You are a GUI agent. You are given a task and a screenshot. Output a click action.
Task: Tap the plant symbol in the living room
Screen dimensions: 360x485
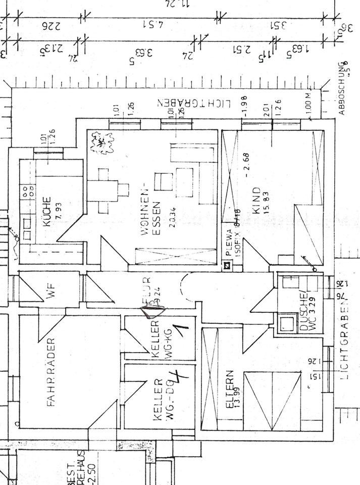pos(102,143)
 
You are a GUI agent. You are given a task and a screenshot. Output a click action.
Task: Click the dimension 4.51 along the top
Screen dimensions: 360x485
pos(149,24)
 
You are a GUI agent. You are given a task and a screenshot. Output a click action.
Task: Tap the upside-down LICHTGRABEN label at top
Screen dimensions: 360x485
pos(194,103)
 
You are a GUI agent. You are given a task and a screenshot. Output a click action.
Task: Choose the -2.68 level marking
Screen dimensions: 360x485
pos(247,165)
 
